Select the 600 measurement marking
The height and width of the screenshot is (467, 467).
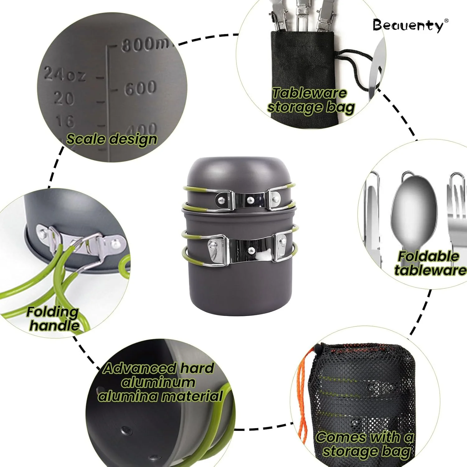tap(140, 88)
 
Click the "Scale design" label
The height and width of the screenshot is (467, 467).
tap(111, 139)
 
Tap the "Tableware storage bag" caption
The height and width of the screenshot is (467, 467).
tap(311, 100)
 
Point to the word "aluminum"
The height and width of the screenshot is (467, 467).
tap(158, 382)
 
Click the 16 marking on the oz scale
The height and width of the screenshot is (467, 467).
tap(65, 121)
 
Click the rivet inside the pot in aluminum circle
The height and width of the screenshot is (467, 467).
tap(126, 430)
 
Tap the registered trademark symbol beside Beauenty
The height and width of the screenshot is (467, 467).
tap(446, 21)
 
